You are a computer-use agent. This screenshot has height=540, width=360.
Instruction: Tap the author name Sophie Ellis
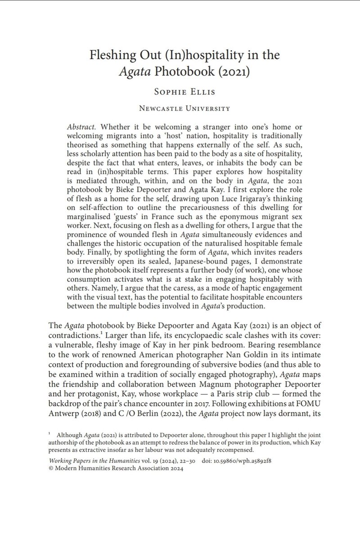180,92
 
